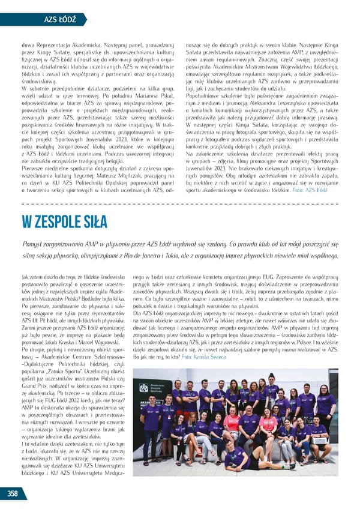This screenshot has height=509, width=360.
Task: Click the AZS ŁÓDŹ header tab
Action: (x=60, y=19)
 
